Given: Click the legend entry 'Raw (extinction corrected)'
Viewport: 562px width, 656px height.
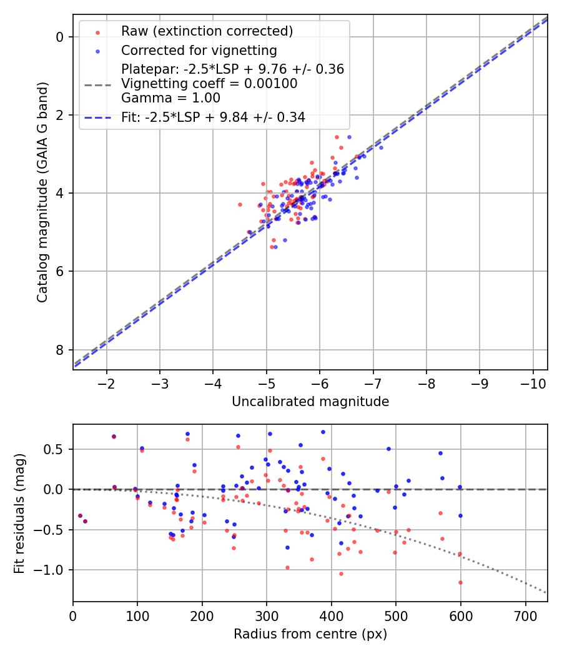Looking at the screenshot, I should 207,31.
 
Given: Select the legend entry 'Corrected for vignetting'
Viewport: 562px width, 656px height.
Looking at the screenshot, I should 199,50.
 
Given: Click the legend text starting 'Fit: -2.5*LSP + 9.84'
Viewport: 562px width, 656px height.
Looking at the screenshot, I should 213,117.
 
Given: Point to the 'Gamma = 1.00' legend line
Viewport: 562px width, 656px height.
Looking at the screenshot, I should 170,97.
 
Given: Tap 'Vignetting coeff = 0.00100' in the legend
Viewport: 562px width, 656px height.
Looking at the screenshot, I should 209,84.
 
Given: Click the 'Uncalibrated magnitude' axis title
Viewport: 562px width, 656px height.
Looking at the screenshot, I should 310,402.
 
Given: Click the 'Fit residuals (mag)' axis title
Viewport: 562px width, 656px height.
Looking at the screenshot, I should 19,513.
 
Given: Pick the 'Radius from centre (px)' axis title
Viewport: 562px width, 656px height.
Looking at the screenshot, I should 310,634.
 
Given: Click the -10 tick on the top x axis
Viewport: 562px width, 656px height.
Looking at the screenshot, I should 533,382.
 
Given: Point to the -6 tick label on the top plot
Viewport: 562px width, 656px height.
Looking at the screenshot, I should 320,382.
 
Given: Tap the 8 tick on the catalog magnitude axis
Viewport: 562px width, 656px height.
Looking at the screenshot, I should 60,349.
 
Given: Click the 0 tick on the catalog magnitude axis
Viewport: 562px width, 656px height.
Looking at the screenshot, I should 60,37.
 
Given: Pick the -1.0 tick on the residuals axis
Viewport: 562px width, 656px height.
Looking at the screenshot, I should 53,570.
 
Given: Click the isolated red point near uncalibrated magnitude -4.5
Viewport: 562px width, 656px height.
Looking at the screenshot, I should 240,204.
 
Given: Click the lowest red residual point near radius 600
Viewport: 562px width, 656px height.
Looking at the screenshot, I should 460,582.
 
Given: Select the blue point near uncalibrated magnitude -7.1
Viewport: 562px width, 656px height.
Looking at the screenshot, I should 381,147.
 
